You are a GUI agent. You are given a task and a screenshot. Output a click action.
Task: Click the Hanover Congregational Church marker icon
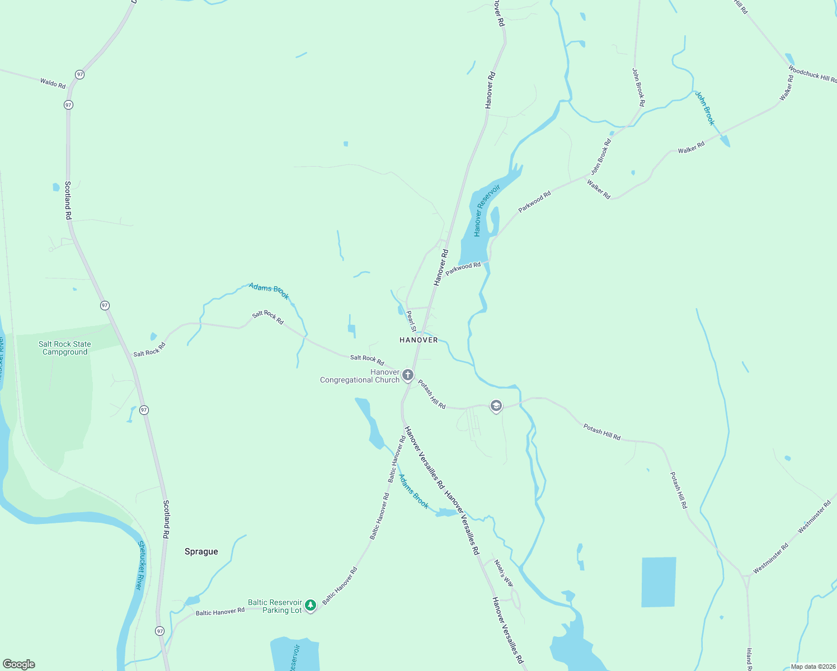tap(408, 375)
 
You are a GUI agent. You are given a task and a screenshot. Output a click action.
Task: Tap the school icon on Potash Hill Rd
tap(496, 406)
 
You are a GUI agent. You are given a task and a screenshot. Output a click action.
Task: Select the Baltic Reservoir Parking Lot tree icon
tap(310, 605)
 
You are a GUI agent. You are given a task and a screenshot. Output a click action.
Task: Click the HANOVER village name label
tap(418, 340)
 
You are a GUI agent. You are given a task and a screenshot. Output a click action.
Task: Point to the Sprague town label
tap(201, 551)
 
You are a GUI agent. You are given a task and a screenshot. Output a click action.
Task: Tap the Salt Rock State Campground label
tap(65, 348)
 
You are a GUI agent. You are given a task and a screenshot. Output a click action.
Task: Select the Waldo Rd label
tap(53, 83)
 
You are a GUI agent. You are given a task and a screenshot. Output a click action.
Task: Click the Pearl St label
tap(411, 321)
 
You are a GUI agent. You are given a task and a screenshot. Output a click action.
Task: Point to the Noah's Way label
tap(504, 573)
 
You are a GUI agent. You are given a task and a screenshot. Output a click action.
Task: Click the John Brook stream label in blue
tap(705, 108)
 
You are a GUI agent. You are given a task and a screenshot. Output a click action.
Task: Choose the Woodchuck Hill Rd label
tap(812, 74)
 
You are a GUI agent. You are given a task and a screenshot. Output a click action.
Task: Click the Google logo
tap(19, 664)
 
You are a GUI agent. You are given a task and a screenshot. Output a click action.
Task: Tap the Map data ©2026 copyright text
tap(812, 667)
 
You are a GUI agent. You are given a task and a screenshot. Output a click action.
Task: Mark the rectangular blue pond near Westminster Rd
tap(659, 582)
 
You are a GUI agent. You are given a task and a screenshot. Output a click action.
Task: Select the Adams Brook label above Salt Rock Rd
tap(269, 291)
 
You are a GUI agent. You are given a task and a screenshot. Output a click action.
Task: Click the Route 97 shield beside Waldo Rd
tap(80, 74)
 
